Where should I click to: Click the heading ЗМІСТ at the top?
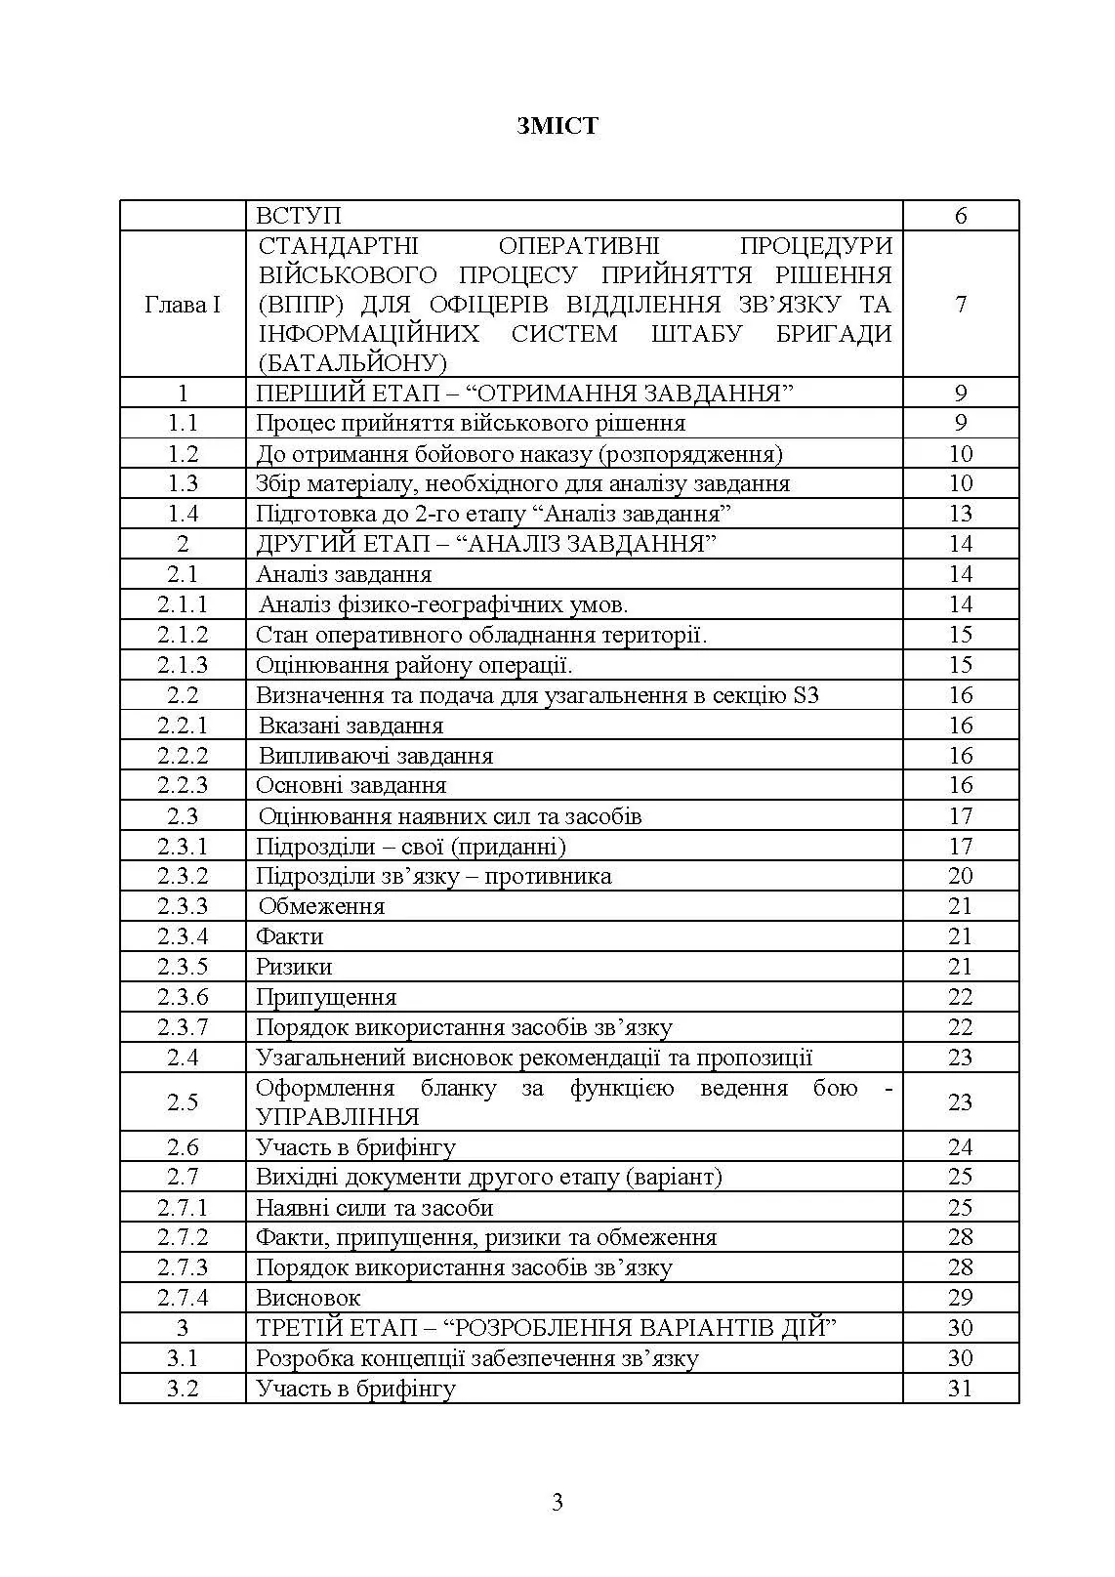pos(557,126)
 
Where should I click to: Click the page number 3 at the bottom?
pos(557,1502)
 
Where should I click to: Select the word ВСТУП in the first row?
pos(299,216)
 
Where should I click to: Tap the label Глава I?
pos(183,305)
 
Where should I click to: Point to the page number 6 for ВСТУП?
pos(961,216)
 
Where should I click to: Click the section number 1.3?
pos(183,483)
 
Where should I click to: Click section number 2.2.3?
pos(183,785)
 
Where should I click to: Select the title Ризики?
pos(294,967)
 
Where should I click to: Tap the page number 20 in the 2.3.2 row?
pos(961,876)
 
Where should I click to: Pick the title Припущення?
pos(326,997)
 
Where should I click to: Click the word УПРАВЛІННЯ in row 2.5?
pos(338,1117)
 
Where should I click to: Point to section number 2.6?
pos(183,1147)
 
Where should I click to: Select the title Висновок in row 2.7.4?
pos(308,1298)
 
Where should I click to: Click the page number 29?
pos(961,1298)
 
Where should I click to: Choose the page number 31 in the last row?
pos(961,1389)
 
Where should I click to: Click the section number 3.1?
pos(183,1358)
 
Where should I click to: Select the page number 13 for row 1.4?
pos(961,514)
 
